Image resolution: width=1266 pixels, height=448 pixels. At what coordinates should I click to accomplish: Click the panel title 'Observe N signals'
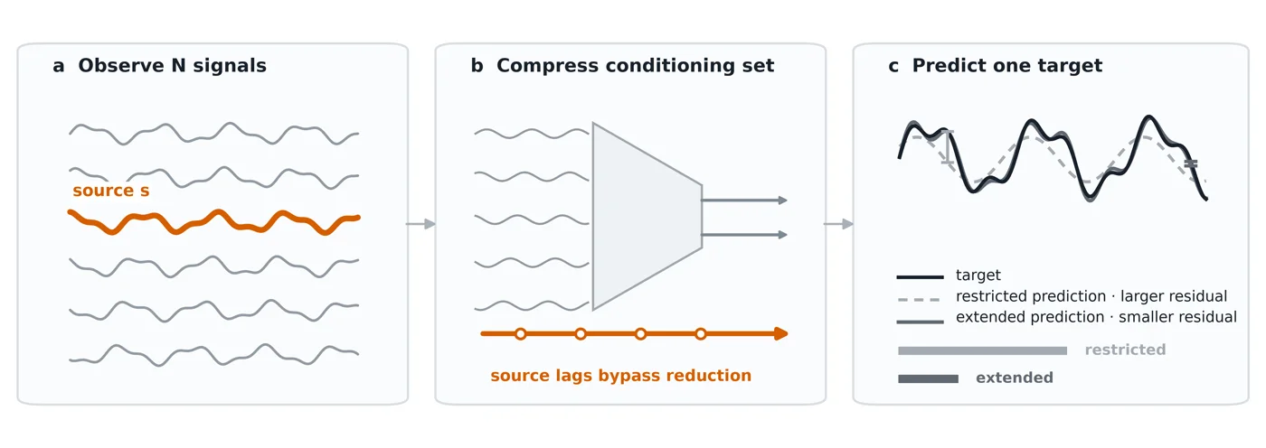click(x=173, y=65)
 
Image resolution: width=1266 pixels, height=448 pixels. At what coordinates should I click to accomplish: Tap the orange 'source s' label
click(x=111, y=191)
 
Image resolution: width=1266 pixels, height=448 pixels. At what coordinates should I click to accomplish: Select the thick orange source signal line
click(x=213, y=222)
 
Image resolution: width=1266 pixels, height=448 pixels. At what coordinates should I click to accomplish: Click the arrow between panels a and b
click(x=421, y=224)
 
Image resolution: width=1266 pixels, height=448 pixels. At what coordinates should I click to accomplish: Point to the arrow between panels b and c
click(x=839, y=224)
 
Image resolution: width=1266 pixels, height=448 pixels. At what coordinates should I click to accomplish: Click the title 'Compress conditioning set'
click(x=635, y=65)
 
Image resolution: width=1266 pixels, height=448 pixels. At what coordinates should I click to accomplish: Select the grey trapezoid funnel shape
click(x=647, y=216)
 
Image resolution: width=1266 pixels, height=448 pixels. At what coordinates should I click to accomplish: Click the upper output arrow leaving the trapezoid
click(x=744, y=201)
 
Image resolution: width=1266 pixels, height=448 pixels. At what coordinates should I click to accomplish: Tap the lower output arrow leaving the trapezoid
click(x=744, y=235)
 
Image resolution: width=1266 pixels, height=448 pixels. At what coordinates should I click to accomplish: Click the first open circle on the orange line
click(x=521, y=334)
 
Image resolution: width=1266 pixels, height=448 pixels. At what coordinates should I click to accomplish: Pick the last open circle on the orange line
click(x=701, y=334)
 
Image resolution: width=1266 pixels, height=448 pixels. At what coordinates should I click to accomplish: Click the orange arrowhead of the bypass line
click(x=781, y=334)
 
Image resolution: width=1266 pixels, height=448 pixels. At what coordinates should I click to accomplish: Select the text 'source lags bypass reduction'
click(x=621, y=376)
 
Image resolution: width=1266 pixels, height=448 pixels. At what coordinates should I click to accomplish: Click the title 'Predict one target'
click(x=1007, y=65)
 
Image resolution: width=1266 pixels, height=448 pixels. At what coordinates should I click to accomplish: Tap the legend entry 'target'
click(x=978, y=275)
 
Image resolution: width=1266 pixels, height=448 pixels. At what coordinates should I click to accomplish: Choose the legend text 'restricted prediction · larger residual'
click(x=1091, y=296)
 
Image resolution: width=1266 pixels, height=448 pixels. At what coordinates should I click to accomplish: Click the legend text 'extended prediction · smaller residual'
click(x=1096, y=317)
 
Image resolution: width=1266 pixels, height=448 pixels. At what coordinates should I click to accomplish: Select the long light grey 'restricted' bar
click(x=982, y=351)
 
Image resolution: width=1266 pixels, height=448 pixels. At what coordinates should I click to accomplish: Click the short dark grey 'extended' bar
click(x=928, y=378)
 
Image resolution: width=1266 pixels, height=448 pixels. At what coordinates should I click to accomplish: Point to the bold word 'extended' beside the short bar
click(x=1015, y=378)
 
